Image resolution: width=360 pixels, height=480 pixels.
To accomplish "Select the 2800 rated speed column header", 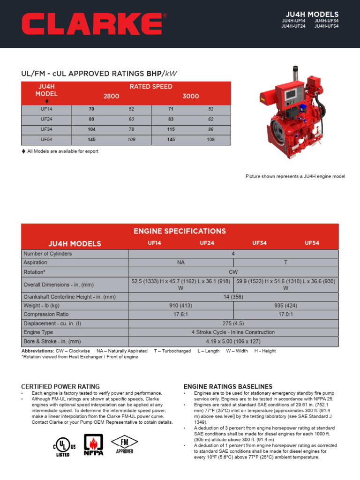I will click(x=111, y=96).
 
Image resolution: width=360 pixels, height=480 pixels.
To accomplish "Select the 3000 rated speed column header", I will click(x=191, y=96).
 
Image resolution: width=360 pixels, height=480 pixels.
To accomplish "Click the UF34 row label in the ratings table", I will click(x=46, y=129).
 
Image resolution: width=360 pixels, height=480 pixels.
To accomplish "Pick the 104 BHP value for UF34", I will click(x=91, y=129).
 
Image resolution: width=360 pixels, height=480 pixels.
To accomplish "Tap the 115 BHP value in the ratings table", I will click(x=171, y=129).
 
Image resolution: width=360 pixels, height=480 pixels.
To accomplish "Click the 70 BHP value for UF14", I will click(x=91, y=109).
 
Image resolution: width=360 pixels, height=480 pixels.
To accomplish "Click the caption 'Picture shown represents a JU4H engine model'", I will click(x=295, y=176).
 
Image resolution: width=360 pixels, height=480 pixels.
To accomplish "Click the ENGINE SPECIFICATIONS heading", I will click(x=180, y=231).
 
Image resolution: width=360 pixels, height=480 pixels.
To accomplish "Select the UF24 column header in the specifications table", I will click(x=207, y=243).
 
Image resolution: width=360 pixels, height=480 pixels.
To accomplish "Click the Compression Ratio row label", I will click(x=46, y=315).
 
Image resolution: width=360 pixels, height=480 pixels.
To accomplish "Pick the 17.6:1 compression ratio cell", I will click(x=181, y=315).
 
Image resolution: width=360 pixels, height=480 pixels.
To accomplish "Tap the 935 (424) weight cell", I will click(x=285, y=306).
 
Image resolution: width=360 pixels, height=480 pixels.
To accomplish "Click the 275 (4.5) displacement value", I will click(x=233, y=323).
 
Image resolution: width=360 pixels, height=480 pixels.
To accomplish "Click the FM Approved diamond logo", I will click(x=124, y=444).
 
